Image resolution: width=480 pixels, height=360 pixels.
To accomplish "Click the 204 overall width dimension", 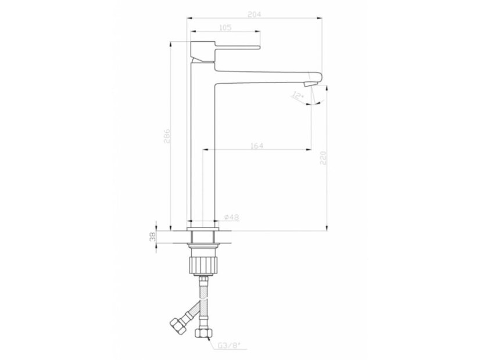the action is click(x=254, y=15).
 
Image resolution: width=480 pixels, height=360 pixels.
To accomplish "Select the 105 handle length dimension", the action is click(x=225, y=27).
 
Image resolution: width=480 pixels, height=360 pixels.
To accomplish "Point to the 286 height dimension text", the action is click(x=167, y=136).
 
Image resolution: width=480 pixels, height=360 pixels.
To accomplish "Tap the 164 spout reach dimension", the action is click(x=257, y=146).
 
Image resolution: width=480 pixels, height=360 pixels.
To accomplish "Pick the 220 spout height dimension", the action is click(x=323, y=158).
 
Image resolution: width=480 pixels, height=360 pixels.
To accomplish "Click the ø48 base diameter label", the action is click(x=232, y=217).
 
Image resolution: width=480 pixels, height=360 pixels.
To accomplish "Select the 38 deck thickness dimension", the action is click(x=153, y=237).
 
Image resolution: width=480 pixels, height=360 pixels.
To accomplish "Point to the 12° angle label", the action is click(x=298, y=96).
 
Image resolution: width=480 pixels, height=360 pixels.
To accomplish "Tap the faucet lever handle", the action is click(x=237, y=48).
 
